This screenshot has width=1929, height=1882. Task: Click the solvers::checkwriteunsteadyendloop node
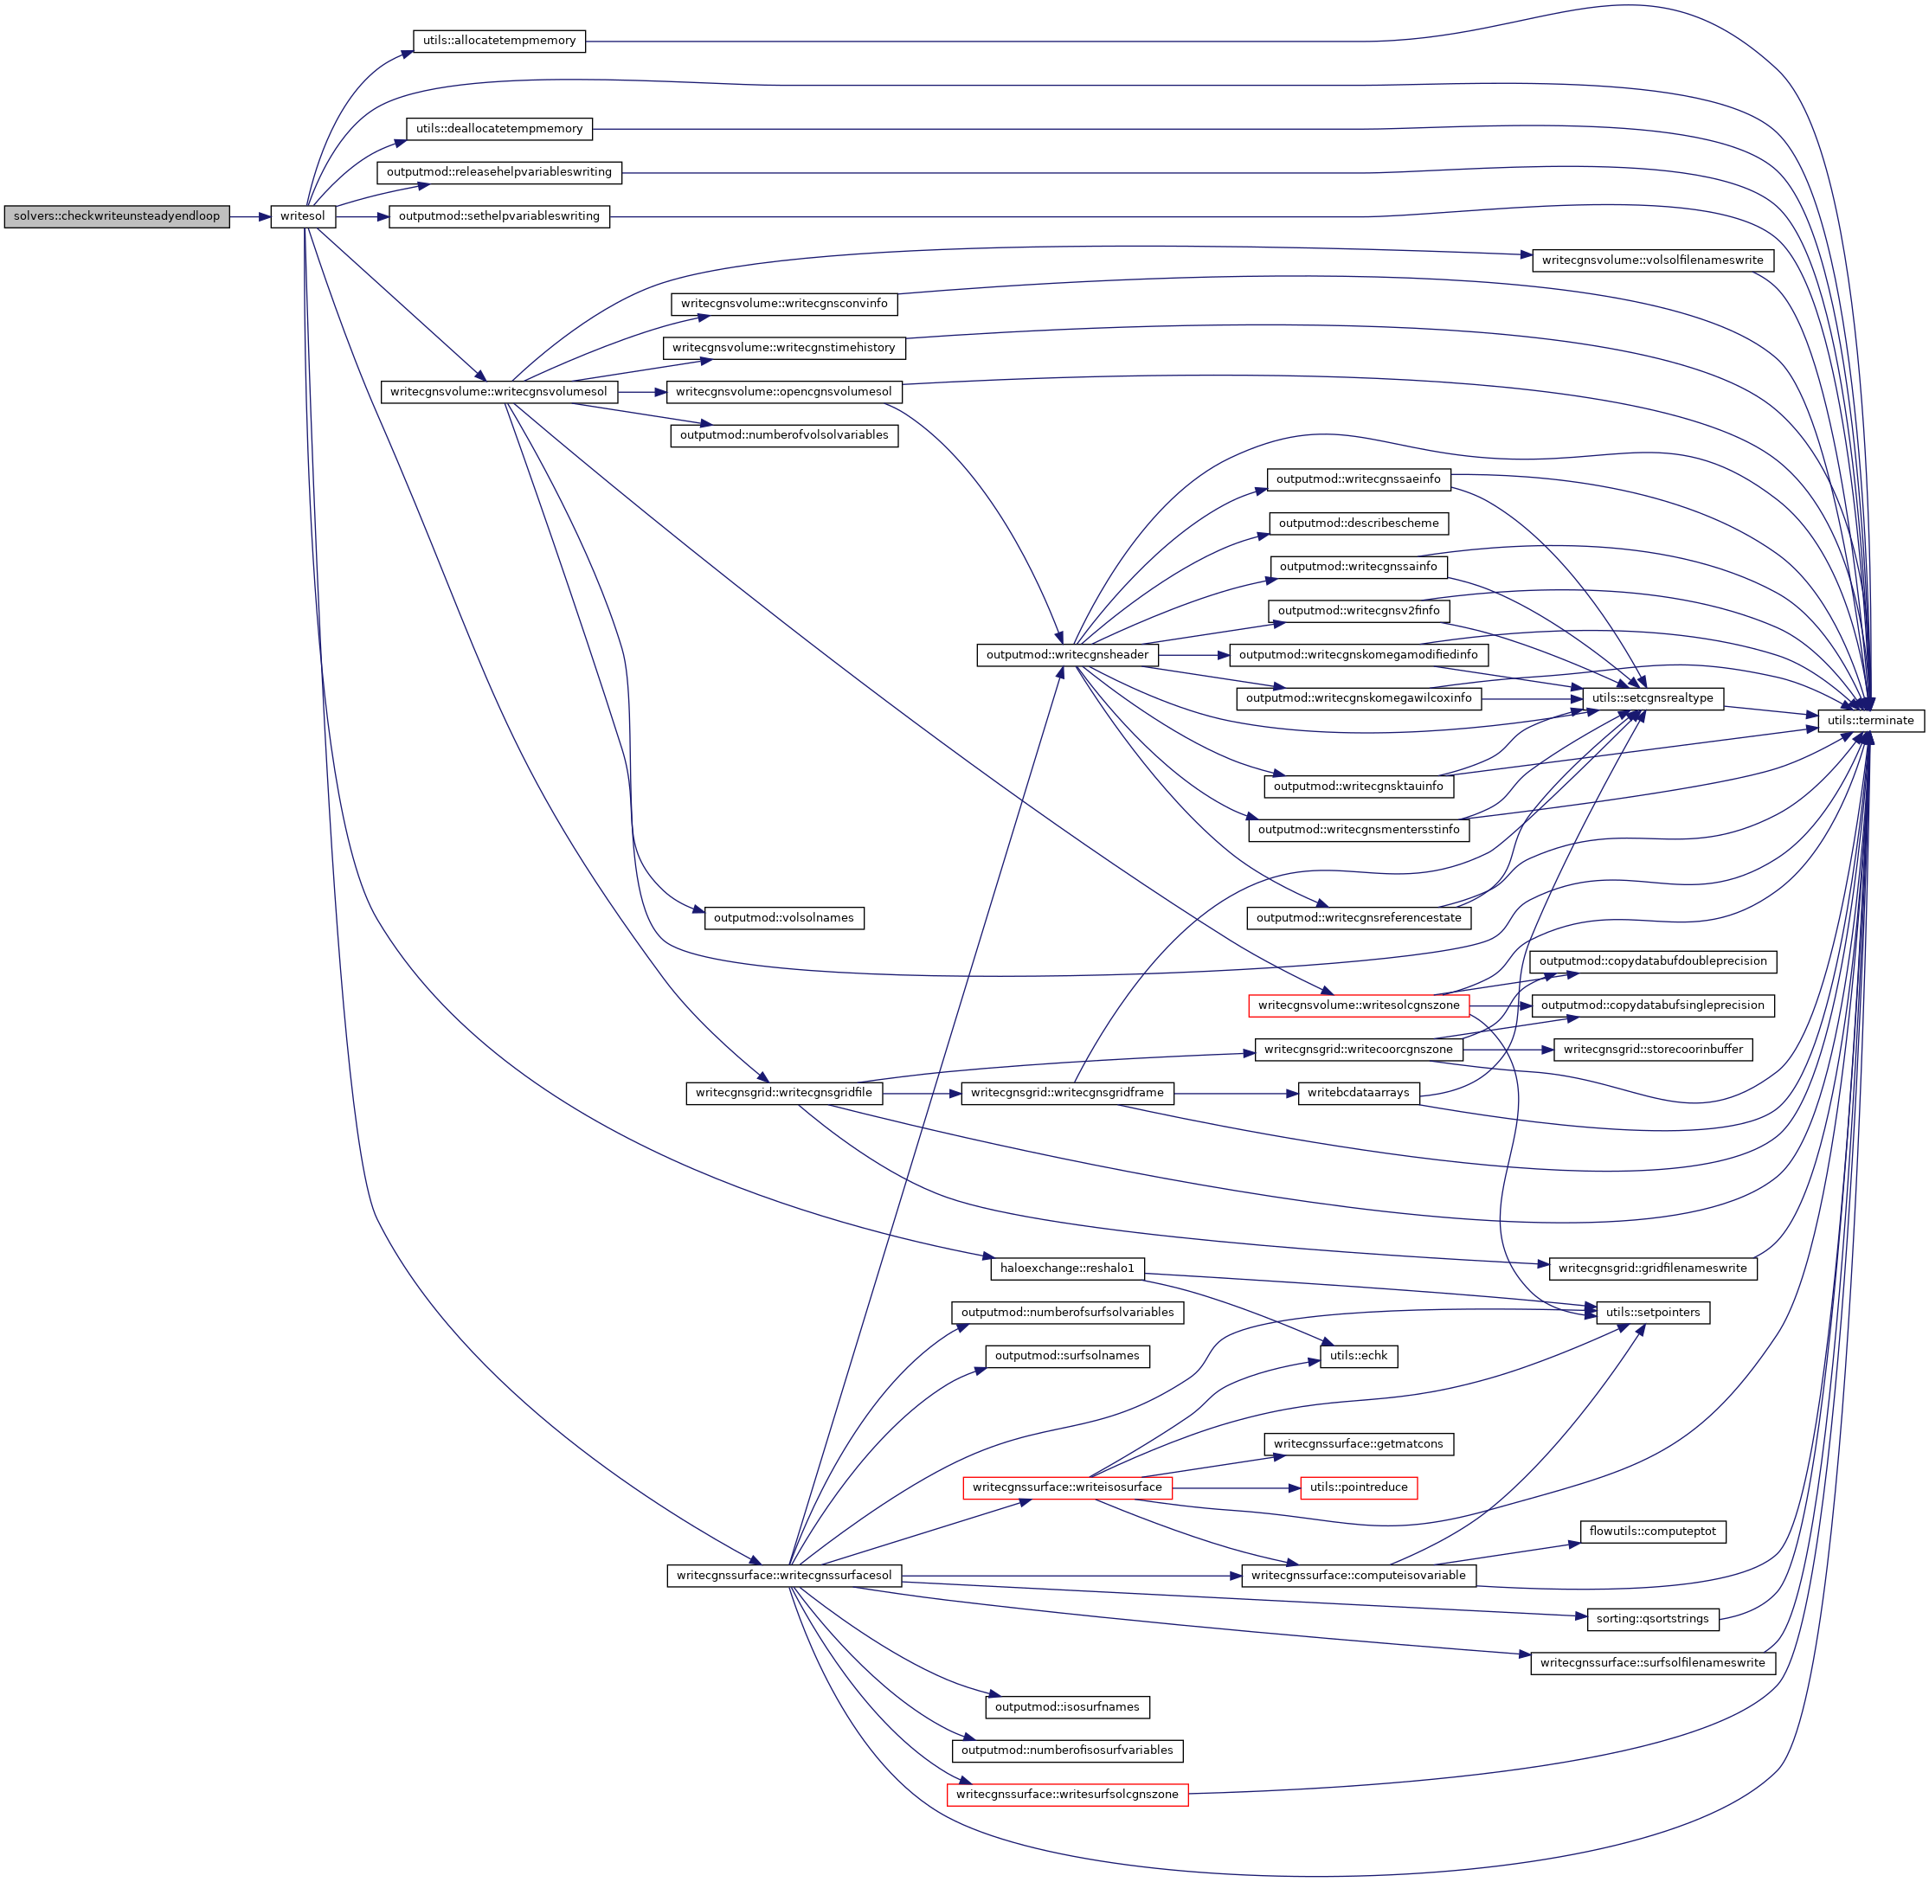pyautogui.click(x=117, y=216)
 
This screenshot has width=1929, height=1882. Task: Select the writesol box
pyautogui.click(x=303, y=216)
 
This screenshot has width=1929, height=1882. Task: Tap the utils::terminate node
pyautogui.click(x=1869, y=721)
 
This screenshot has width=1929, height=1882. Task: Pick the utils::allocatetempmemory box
pyautogui.click(x=498, y=42)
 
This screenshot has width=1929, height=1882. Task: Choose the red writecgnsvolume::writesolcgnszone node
pyautogui.click(x=1359, y=1005)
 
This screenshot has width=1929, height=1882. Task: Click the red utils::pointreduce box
pyautogui.click(x=1358, y=1487)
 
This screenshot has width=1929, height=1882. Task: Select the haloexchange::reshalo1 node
pyautogui.click(x=1067, y=1269)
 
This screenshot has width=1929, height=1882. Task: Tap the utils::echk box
pyautogui.click(x=1359, y=1356)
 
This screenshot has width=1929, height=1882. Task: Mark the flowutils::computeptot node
pyautogui.click(x=1652, y=1531)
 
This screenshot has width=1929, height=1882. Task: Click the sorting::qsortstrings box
pyautogui.click(x=1652, y=1619)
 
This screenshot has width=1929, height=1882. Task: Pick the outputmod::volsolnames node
pyautogui.click(x=783, y=918)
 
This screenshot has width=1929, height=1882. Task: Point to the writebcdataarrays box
pyautogui.click(x=1358, y=1093)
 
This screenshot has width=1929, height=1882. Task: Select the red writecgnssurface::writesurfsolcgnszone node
pyautogui.click(x=1067, y=1794)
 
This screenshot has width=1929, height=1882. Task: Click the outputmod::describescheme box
pyautogui.click(x=1359, y=523)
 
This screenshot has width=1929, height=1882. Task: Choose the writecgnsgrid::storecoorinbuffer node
pyautogui.click(x=1652, y=1049)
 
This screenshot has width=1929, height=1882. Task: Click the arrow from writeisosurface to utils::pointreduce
pyautogui.click(x=1236, y=1487)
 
